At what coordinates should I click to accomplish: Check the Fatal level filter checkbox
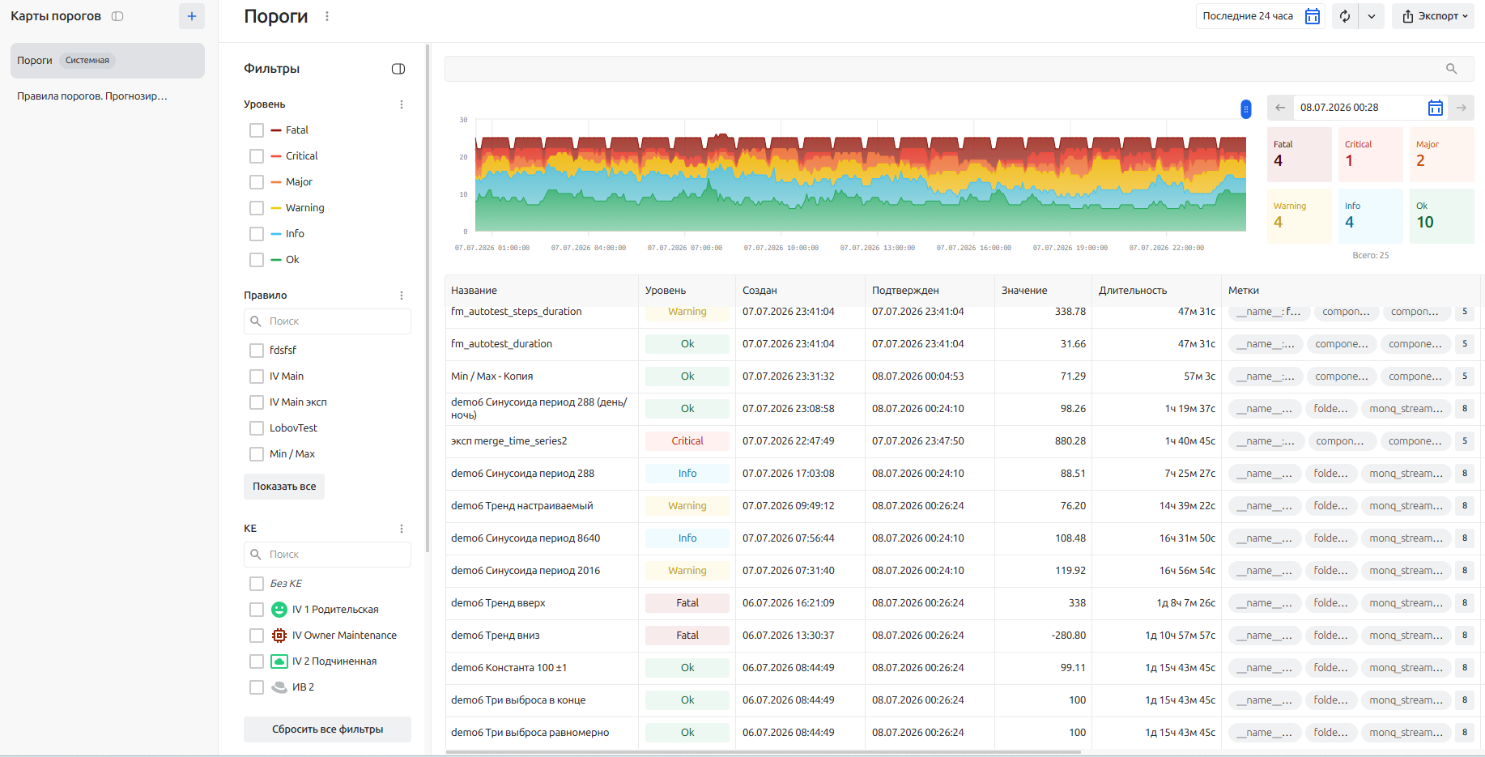point(257,130)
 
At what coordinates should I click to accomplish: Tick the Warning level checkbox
point(257,208)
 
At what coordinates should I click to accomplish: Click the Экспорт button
point(1433,16)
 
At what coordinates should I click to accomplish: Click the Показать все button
point(284,487)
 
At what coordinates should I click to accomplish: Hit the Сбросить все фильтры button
point(327,729)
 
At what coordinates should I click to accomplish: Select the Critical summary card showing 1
point(1370,155)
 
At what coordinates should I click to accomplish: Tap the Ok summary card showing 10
point(1441,216)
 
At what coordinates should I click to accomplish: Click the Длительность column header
point(1133,291)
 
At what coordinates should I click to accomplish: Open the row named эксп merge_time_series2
point(509,441)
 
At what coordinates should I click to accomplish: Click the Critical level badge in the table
point(687,441)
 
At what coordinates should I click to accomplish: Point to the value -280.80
point(1069,636)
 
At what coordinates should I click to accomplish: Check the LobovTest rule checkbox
point(257,428)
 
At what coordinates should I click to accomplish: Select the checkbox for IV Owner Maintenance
point(257,636)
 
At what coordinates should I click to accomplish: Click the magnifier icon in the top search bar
point(1452,69)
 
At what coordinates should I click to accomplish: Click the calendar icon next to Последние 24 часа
point(1313,16)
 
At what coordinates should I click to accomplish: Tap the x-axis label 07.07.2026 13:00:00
point(878,248)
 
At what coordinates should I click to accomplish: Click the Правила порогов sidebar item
point(92,96)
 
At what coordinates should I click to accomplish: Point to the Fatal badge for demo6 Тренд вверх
point(687,603)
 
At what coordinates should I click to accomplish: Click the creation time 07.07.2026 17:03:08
point(789,474)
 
